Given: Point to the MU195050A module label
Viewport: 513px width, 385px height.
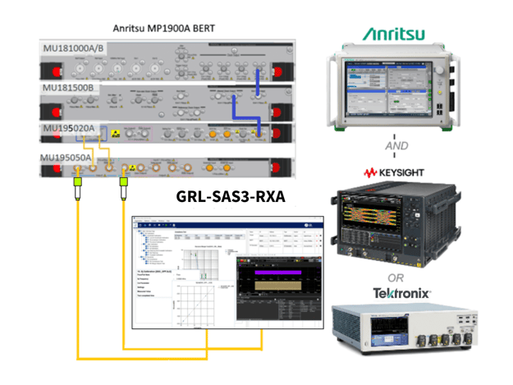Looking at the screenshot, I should tap(74, 155).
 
